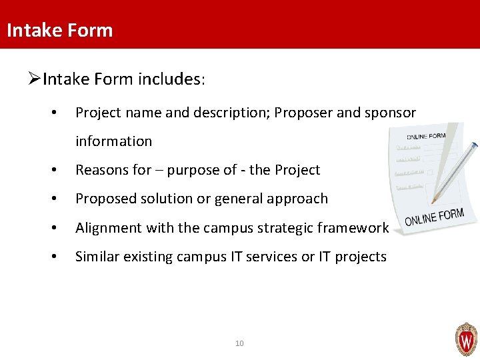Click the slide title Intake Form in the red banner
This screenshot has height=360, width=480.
pyautogui.click(x=59, y=30)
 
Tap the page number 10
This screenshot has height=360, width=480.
pyautogui.click(x=240, y=343)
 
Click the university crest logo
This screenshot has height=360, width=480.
pyautogui.click(x=466, y=339)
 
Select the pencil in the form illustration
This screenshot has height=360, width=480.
pyautogui.click(x=455, y=172)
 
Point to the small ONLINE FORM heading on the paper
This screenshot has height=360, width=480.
pyautogui.click(x=426, y=135)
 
